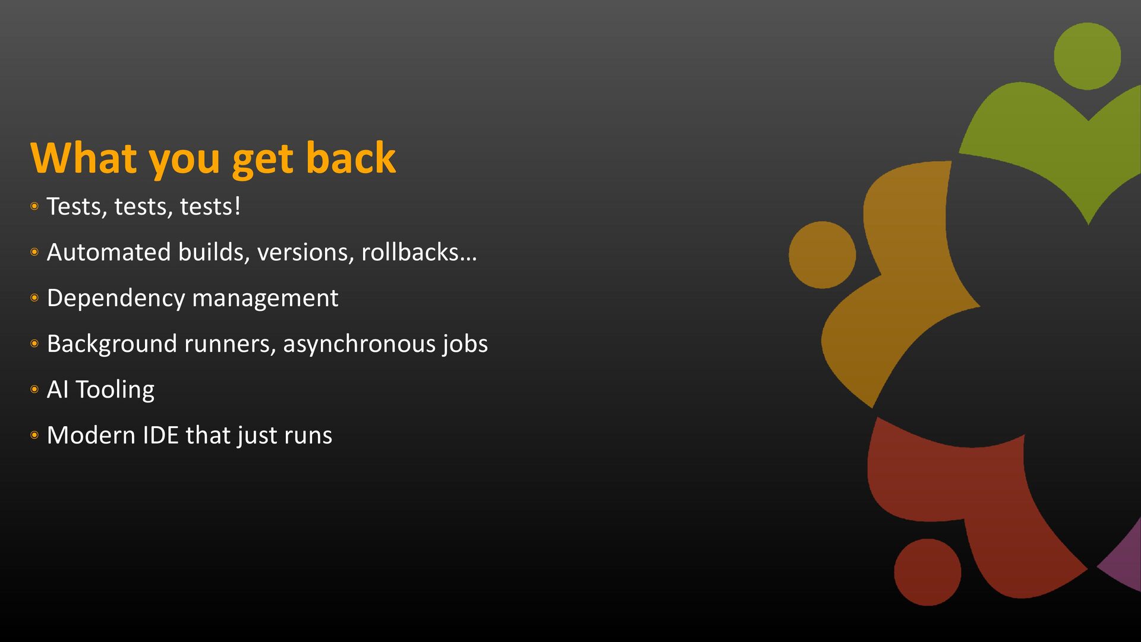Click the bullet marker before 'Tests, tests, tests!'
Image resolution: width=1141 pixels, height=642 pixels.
pos(34,206)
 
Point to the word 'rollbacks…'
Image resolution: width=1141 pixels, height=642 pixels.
pos(419,252)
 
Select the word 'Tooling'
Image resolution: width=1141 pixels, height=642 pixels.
pos(115,390)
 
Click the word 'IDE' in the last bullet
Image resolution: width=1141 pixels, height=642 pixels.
pos(160,435)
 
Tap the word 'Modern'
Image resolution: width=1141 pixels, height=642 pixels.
pos(92,435)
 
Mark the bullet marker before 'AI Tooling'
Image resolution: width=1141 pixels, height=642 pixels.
pos(34,389)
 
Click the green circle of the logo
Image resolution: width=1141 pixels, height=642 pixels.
pos(1088,56)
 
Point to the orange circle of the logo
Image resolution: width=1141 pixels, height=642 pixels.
pos(822,255)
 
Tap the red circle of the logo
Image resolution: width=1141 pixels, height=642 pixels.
pos(928,572)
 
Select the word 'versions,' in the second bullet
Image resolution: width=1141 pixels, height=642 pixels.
pos(305,252)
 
